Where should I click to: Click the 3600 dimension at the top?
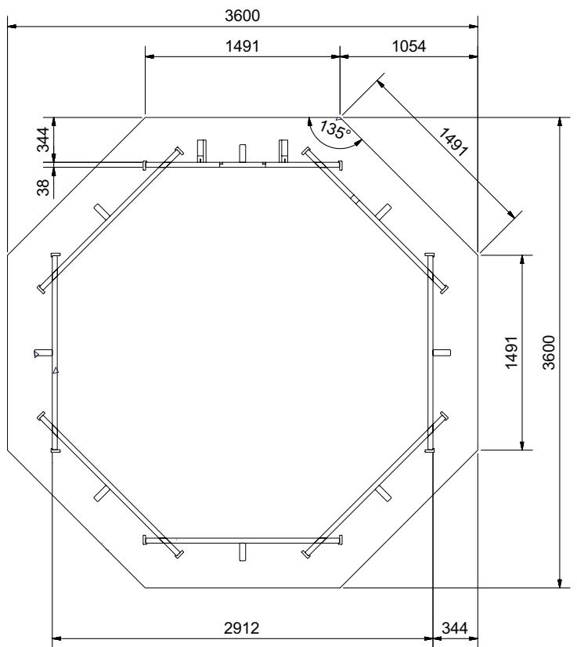click(242, 16)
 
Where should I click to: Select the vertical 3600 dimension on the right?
click(549, 352)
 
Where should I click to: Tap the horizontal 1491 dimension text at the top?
click(242, 46)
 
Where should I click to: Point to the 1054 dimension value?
click(409, 46)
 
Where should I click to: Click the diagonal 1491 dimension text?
click(453, 143)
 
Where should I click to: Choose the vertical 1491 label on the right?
click(510, 352)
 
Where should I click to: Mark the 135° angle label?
click(335, 129)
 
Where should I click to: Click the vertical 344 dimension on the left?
click(42, 139)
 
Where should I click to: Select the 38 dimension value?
click(42, 187)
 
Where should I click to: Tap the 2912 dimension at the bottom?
click(242, 628)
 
